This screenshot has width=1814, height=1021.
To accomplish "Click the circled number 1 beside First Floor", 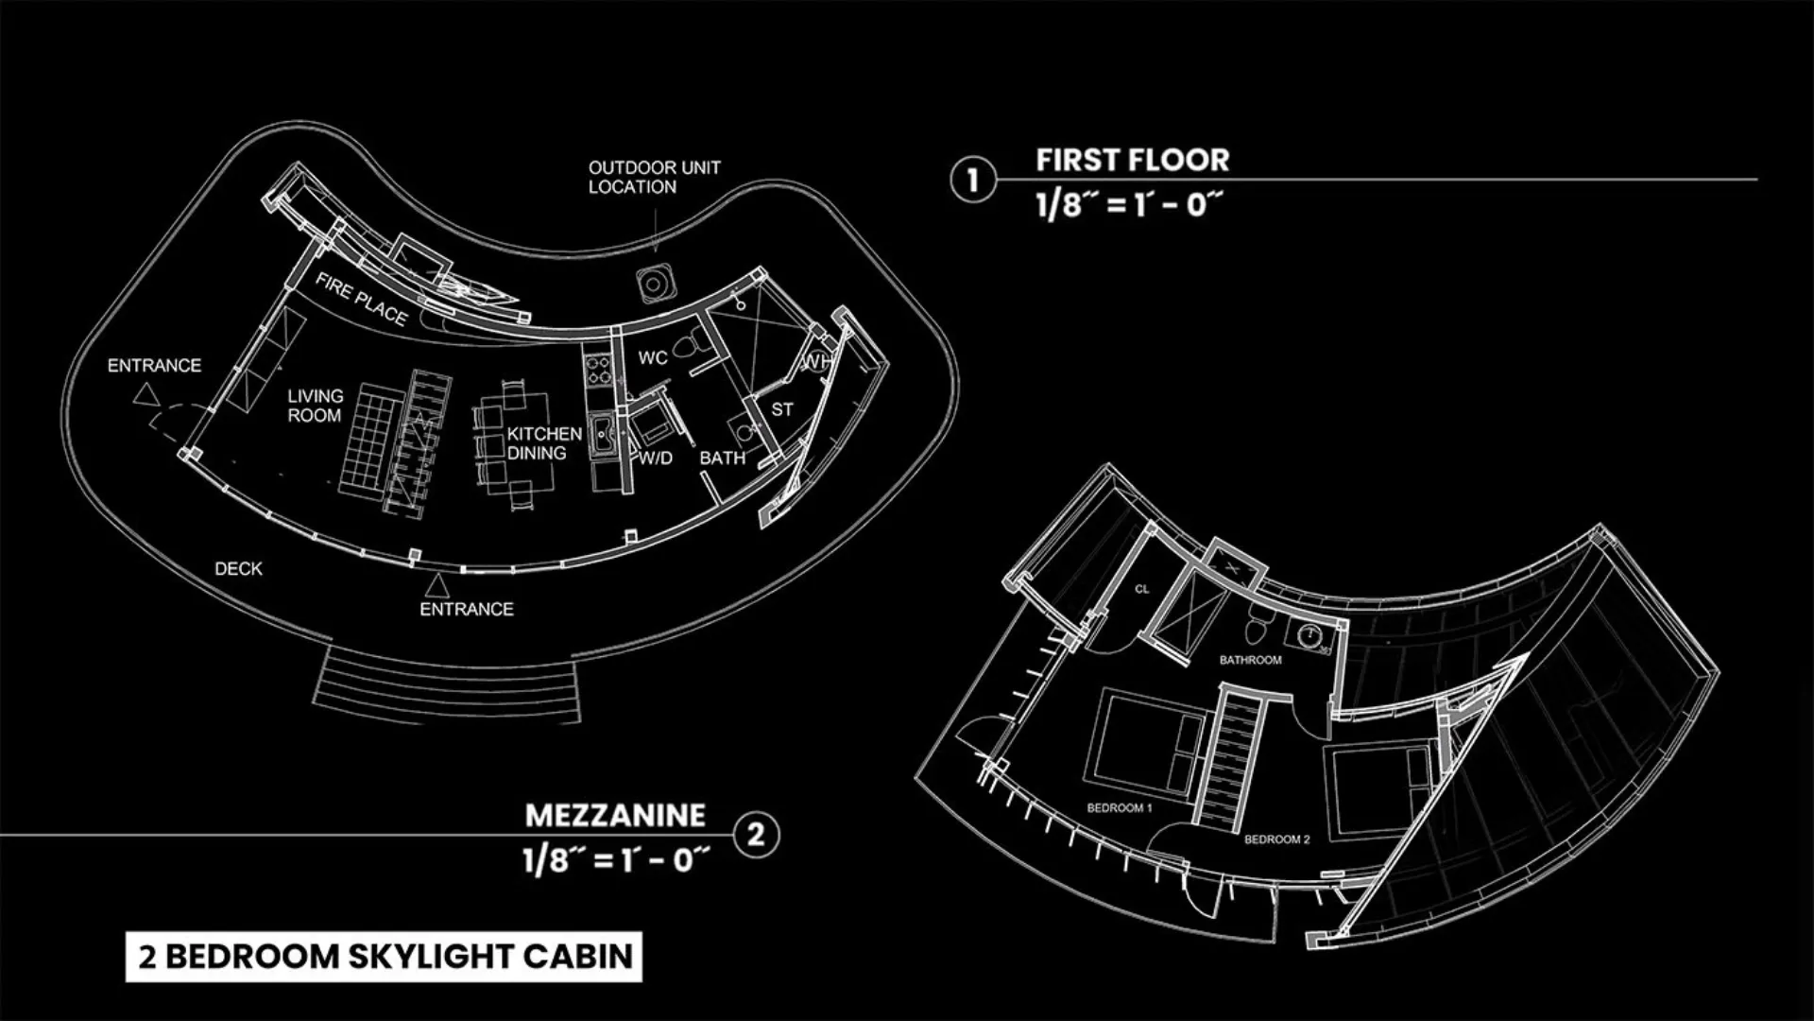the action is [x=972, y=180].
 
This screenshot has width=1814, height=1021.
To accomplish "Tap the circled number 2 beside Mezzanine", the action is [x=756, y=835].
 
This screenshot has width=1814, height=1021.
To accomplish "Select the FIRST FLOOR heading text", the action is [x=1133, y=160].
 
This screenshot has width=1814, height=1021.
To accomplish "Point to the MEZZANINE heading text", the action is [x=615, y=815].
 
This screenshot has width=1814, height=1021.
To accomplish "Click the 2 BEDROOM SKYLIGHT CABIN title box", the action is [x=385, y=957].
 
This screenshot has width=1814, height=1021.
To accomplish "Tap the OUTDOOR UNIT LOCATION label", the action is [x=654, y=177].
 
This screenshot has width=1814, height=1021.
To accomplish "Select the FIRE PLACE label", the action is [x=361, y=299].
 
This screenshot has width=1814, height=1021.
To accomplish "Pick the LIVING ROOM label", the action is [x=316, y=406].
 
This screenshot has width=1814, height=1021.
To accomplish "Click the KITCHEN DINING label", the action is [x=544, y=443].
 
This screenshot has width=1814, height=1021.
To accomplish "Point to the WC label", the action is [x=653, y=357].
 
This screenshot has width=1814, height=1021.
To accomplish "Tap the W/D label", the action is [x=656, y=459].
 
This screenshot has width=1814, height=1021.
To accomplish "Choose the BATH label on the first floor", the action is [x=723, y=458].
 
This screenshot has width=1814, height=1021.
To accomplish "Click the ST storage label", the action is [x=782, y=409].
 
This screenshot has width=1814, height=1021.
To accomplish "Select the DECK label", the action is [x=238, y=569].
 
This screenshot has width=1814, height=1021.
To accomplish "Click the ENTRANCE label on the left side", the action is [x=154, y=365].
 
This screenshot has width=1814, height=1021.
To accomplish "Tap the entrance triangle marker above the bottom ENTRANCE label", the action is [x=436, y=585].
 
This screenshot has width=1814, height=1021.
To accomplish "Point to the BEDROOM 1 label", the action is [x=1120, y=808].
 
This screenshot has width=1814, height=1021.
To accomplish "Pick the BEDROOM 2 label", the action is [x=1277, y=839].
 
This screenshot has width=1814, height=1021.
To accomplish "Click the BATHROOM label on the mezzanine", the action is [x=1250, y=660].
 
